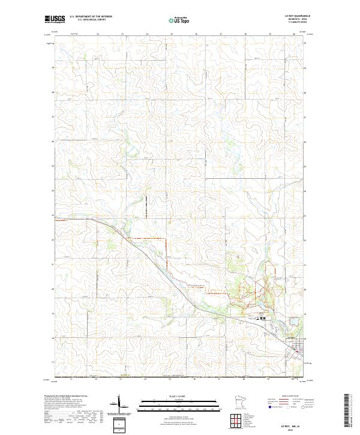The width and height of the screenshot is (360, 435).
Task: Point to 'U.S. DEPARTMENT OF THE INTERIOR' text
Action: (91, 16)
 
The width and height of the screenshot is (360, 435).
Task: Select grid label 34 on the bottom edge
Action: (146, 379)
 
